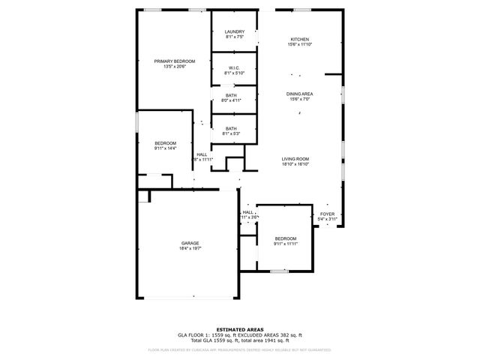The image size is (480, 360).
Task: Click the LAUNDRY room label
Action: coord(234,31)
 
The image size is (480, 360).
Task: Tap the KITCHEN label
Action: coord(300,39)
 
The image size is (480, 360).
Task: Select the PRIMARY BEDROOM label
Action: coord(174,61)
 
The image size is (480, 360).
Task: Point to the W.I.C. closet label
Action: coord(234,67)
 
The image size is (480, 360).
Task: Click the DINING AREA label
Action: coord(299,94)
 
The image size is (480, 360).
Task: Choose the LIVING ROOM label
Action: coord(295,159)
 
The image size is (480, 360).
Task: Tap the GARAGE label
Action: coord(190,243)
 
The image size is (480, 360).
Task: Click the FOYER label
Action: coord(328,214)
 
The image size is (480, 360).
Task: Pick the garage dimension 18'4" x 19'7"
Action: coord(190,248)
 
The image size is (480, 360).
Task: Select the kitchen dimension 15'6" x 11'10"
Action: coord(300,44)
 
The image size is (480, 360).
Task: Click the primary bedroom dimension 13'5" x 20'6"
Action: coord(174,66)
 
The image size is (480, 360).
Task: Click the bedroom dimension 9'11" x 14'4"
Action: coord(166,148)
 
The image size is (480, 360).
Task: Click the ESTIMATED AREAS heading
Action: coord(239,329)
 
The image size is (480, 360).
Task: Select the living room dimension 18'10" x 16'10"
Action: coord(295,164)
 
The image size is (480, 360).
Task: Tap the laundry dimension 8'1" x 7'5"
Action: coord(234,36)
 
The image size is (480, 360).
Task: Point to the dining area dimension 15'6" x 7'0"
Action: coord(299,100)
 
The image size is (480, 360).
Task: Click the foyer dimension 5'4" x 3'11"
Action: coord(328,219)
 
